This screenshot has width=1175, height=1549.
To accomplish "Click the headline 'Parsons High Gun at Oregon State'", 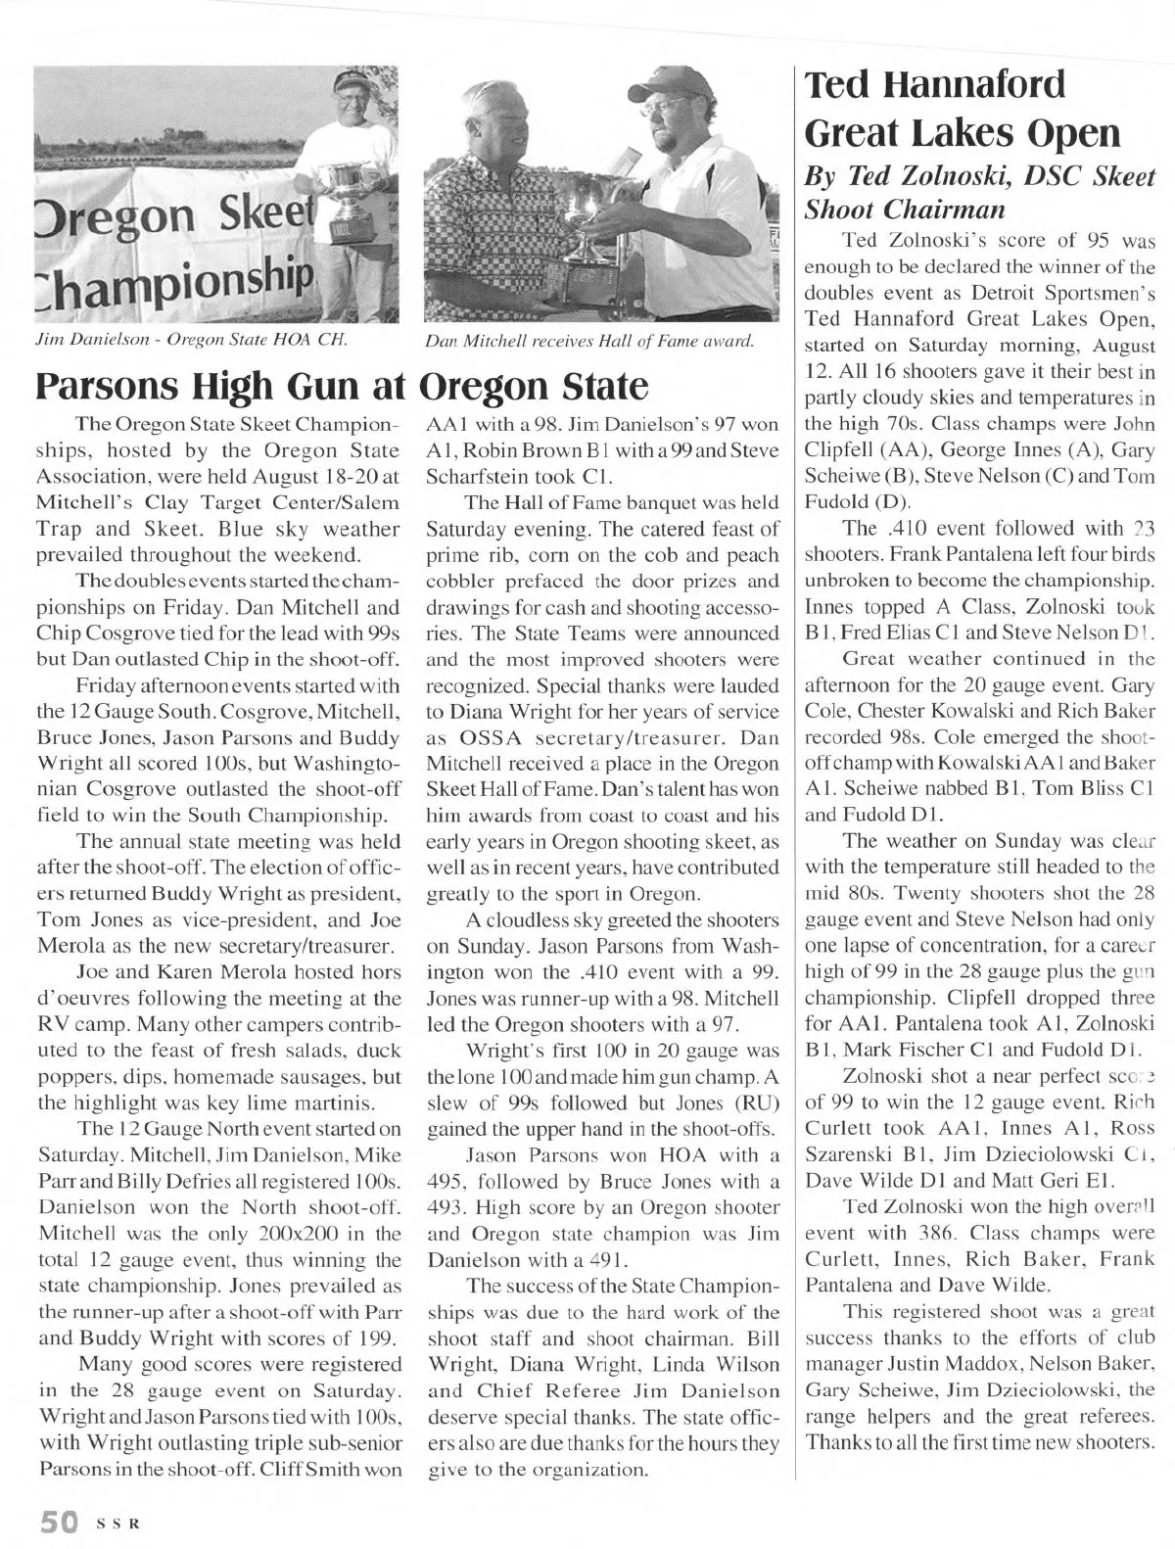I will pyautogui.click(x=342, y=386).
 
